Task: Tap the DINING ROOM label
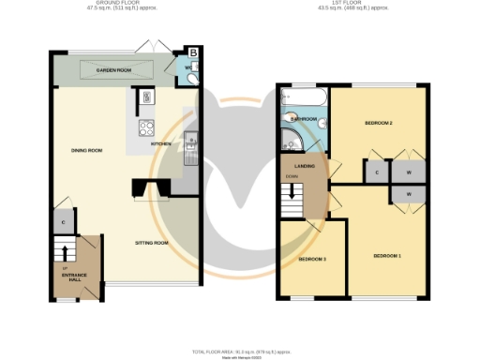[x=86, y=150]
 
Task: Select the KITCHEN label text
[x=172, y=144]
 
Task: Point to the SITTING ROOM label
[x=150, y=243]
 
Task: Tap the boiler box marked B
[x=193, y=52]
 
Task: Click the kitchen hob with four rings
[x=147, y=129]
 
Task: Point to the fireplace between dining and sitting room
[x=148, y=189]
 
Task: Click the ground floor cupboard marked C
[x=62, y=222]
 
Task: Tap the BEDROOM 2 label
[x=378, y=124]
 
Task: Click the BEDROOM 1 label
[x=387, y=256]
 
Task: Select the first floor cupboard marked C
[x=376, y=172]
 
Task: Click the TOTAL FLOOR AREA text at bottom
[x=240, y=350]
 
